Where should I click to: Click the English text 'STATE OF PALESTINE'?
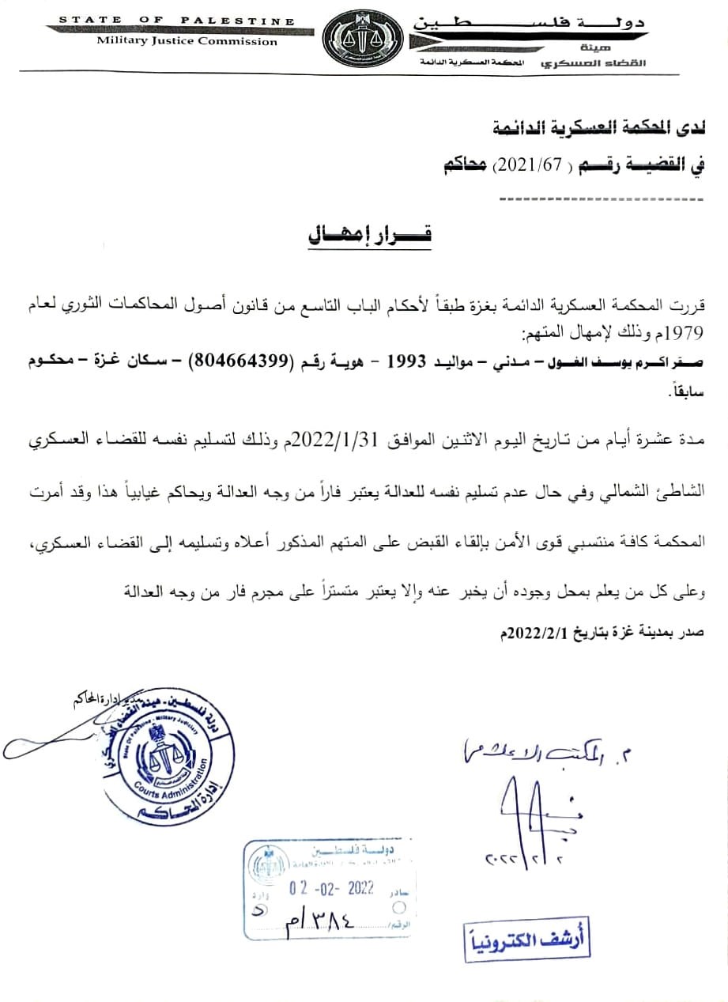177,20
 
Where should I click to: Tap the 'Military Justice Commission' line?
179,40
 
